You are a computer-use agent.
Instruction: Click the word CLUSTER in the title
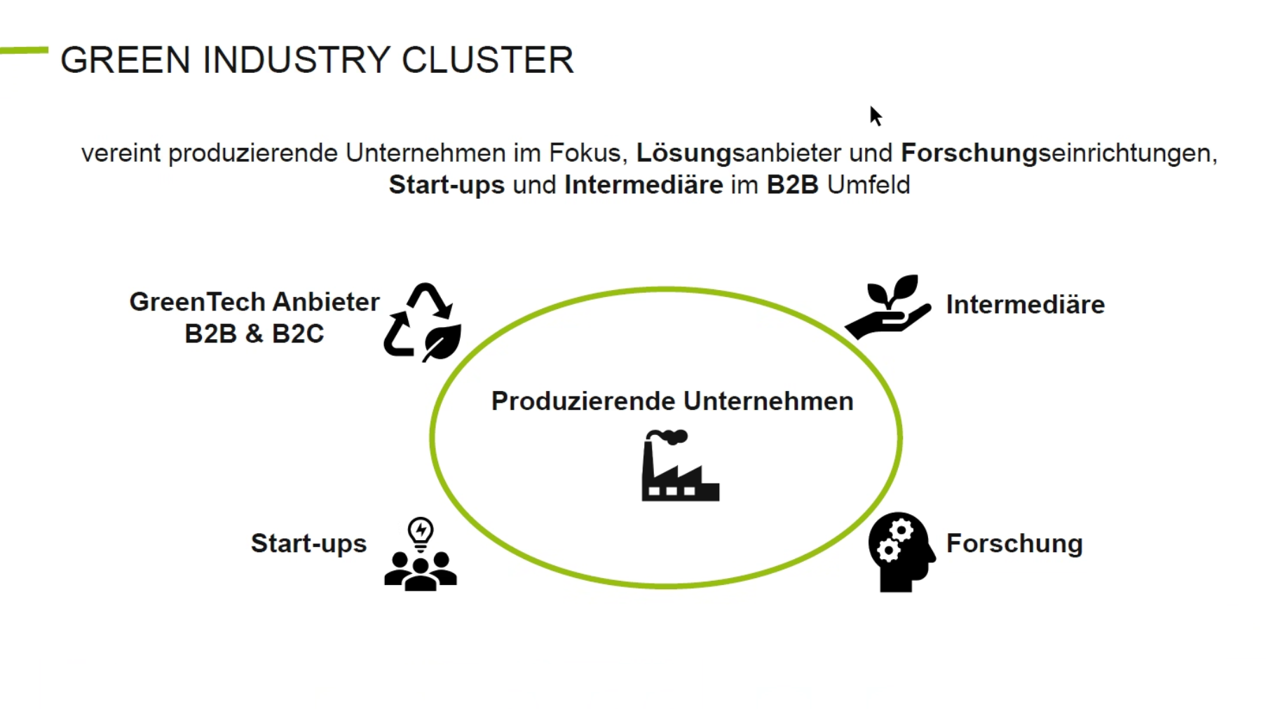pyautogui.click(x=487, y=60)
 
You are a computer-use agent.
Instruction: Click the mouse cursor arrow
pyautogui.click(x=876, y=116)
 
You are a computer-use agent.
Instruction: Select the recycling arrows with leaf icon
pyautogui.click(x=423, y=322)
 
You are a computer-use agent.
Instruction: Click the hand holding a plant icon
pyautogui.click(x=888, y=307)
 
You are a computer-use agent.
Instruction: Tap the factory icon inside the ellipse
pyautogui.click(x=680, y=465)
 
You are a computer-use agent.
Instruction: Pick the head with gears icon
pyautogui.click(x=901, y=552)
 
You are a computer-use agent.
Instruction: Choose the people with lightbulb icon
pyautogui.click(x=421, y=553)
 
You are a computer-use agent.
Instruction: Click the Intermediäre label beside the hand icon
pyautogui.click(x=1025, y=305)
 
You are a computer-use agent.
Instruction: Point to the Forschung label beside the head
pyautogui.click(x=1014, y=544)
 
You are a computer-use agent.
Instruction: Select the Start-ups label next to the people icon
pyautogui.click(x=308, y=544)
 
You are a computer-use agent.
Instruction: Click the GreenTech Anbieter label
pyautogui.click(x=254, y=302)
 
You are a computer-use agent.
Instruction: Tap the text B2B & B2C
pyautogui.click(x=254, y=333)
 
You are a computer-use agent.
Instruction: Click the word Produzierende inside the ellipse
pyautogui.click(x=584, y=401)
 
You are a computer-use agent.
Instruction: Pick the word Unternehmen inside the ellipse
pyautogui.click(x=769, y=401)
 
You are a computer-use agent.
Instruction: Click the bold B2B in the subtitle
pyautogui.click(x=792, y=185)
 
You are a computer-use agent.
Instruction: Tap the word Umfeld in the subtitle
pyautogui.click(x=869, y=185)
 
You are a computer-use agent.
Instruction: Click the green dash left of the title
pyautogui.click(x=24, y=50)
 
